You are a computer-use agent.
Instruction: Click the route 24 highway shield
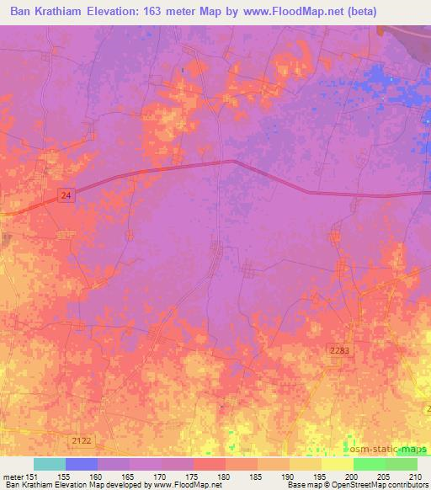(x=66, y=195)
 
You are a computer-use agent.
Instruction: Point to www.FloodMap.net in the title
(x=279, y=13)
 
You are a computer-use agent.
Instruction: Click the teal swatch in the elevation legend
(x=50, y=464)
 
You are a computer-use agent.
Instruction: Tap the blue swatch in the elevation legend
(x=82, y=464)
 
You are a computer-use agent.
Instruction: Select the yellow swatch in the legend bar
(x=306, y=464)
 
